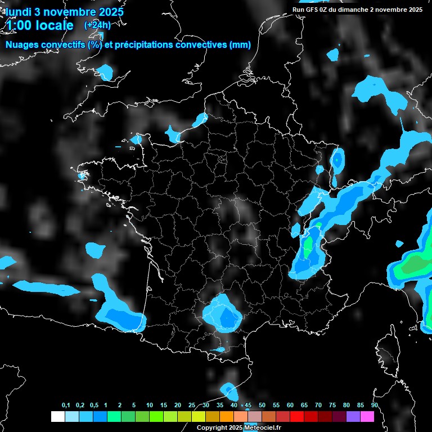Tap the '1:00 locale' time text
tap(39, 25)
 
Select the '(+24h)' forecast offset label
tap(97, 25)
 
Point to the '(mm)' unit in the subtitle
tap(240, 45)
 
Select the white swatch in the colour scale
tap(57, 416)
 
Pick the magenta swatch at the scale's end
tap(367, 416)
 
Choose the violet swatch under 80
tap(353, 416)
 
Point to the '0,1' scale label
tap(66, 406)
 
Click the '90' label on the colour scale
tap(375, 406)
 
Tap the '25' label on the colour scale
tap(192, 406)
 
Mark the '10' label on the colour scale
tap(150, 406)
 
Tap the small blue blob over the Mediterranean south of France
tap(229, 389)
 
